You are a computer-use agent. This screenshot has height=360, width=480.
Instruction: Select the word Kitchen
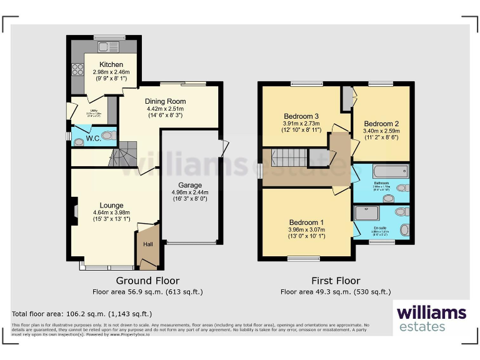107,64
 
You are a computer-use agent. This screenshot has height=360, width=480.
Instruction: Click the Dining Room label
165,101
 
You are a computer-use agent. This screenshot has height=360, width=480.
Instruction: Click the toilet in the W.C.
109,136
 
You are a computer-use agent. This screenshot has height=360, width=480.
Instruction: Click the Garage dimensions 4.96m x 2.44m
189,192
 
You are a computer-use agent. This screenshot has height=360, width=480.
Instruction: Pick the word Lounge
112,205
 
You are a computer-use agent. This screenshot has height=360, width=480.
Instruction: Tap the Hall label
148,244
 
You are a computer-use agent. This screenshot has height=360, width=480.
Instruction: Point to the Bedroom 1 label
306,222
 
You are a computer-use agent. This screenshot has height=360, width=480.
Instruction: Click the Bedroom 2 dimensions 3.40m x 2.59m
381,131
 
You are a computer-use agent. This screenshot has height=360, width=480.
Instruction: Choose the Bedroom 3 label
301,116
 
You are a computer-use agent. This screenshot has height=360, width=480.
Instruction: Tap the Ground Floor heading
147,281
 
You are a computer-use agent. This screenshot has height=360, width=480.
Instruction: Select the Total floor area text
82,314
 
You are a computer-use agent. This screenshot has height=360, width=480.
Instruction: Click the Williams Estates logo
431,317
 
